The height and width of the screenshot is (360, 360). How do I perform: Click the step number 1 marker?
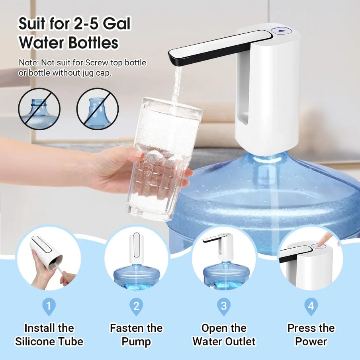(x=49, y=306)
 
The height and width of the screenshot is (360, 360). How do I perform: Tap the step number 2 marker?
(x=136, y=306)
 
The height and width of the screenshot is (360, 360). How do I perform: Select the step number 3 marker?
(x=224, y=306)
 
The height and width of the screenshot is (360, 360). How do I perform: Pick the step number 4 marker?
(x=311, y=306)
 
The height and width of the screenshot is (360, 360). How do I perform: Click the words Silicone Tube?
(x=49, y=341)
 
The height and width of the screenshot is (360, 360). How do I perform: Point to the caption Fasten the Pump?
(x=136, y=335)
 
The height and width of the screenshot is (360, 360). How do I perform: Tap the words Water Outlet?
(x=224, y=341)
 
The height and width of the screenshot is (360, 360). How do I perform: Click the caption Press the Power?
(x=311, y=335)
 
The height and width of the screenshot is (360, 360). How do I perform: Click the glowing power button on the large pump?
(x=281, y=31)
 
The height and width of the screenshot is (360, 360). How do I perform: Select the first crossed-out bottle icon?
(x=39, y=109)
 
